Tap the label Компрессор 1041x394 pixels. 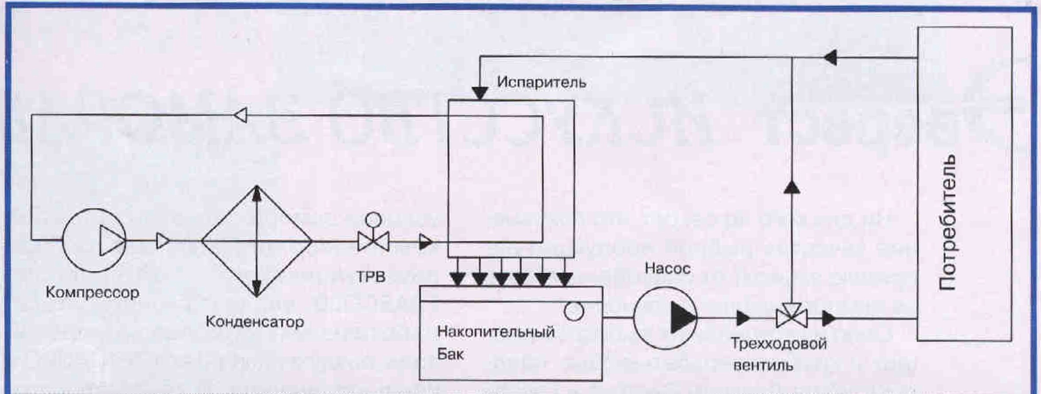[x=92, y=292]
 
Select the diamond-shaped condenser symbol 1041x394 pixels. [x=257, y=241]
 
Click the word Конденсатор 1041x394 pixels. [x=254, y=321]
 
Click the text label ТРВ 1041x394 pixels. [x=371, y=277]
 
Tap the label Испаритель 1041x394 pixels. [x=541, y=82]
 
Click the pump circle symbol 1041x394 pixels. [x=665, y=317]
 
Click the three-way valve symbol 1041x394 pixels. [x=791, y=317]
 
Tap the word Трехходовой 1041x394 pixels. [x=779, y=344]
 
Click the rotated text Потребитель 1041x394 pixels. [x=947, y=222]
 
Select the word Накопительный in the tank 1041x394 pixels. [x=496, y=332]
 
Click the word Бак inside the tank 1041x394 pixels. [x=450, y=354]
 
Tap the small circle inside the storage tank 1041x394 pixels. [x=574, y=311]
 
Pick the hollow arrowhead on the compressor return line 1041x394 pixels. [x=240, y=115]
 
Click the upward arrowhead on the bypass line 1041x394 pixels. [x=791, y=188]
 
